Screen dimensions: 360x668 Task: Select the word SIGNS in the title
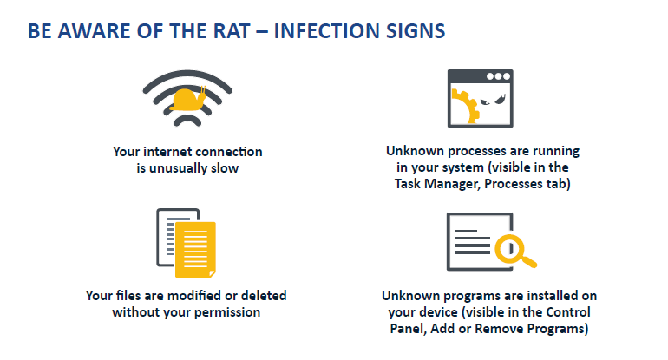(416, 31)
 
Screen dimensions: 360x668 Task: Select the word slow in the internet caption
(223, 167)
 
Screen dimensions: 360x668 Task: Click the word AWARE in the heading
(95, 31)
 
